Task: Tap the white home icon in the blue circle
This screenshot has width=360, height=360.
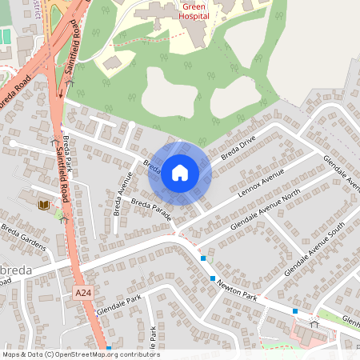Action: (180, 173)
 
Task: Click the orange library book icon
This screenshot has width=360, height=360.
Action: (42, 206)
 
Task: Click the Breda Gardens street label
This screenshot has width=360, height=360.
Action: (22, 237)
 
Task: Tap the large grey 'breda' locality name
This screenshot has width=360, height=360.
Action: (17, 270)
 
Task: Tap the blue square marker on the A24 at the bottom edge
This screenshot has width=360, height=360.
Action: (109, 349)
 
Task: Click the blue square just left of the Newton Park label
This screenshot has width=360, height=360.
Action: (213, 278)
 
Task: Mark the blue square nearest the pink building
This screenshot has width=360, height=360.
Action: (295, 310)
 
